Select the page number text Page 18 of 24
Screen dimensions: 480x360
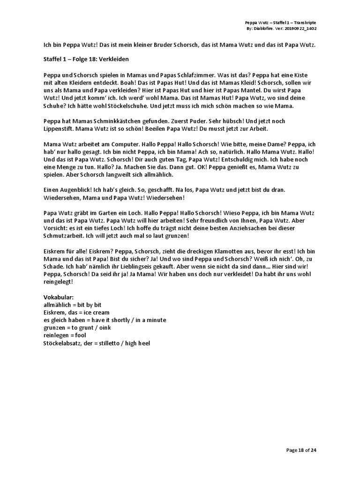[x=301, y=450]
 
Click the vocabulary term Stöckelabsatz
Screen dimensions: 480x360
[x=65, y=343]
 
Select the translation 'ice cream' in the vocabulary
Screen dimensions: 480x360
[x=97, y=312]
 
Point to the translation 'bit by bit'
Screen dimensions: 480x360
[x=89, y=305]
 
